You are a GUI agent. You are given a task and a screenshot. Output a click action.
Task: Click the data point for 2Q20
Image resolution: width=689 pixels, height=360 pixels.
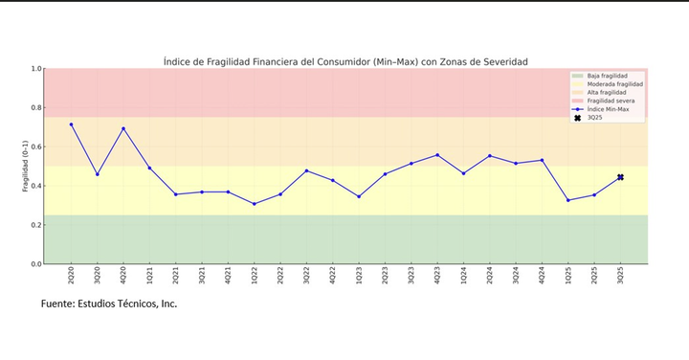71,124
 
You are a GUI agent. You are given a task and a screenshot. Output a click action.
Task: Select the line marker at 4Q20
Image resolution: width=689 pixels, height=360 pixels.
123,128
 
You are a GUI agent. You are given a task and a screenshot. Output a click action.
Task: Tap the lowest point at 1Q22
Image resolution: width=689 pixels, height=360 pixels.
254,204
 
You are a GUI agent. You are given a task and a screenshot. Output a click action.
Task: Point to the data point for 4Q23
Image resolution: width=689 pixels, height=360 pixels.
437,155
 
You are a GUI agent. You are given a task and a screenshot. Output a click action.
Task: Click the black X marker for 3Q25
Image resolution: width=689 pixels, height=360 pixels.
620,177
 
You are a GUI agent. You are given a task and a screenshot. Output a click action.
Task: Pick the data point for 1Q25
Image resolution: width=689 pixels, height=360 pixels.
568,200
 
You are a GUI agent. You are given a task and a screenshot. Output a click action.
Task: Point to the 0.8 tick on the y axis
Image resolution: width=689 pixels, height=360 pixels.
36,108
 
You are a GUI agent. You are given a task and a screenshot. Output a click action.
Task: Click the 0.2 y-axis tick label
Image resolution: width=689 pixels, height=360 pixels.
36,225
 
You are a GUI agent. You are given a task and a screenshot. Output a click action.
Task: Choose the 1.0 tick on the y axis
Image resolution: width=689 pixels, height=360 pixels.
36,69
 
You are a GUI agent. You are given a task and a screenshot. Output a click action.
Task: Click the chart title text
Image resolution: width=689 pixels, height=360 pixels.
345,61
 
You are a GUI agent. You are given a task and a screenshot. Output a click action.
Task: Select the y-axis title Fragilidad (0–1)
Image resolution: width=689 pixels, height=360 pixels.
26,167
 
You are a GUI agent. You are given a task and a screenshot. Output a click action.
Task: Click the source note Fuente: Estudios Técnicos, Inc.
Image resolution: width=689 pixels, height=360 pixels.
109,304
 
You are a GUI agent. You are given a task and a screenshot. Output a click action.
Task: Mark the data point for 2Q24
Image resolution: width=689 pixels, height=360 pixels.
490,156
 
